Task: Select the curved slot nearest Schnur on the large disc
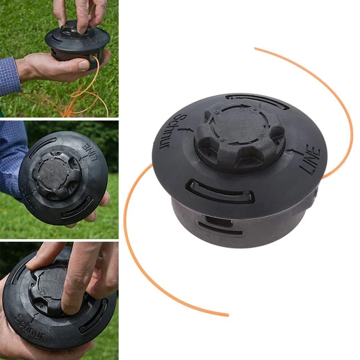(x=221, y=191)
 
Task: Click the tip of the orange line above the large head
(x=256, y=49)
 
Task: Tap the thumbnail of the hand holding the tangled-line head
(x=59, y=58)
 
